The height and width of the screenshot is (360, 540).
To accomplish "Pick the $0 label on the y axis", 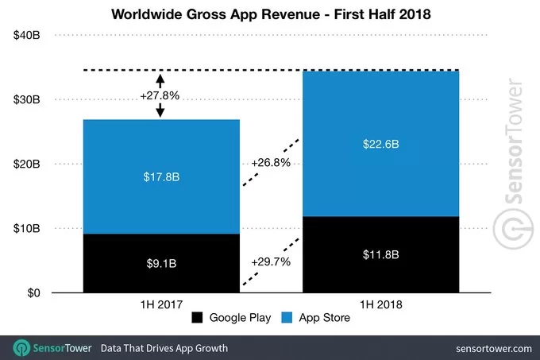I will pyautogui.click(x=35, y=293).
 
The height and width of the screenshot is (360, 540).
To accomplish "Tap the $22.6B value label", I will pyautogui.click(x=382, y=144).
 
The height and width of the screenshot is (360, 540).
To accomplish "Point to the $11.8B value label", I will pyautogui.click(x=382, y=255).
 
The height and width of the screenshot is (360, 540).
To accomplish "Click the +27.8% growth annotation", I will pyautogui.click(x=160, y=95).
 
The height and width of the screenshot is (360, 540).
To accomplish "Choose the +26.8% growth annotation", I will pyautogui.click(x=270, y=164).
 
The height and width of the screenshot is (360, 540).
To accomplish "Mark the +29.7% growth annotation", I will pyautogui.click(x=270, y=261).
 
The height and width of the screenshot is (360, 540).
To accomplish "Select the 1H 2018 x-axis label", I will pyautogui.click(x=382, y=304).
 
